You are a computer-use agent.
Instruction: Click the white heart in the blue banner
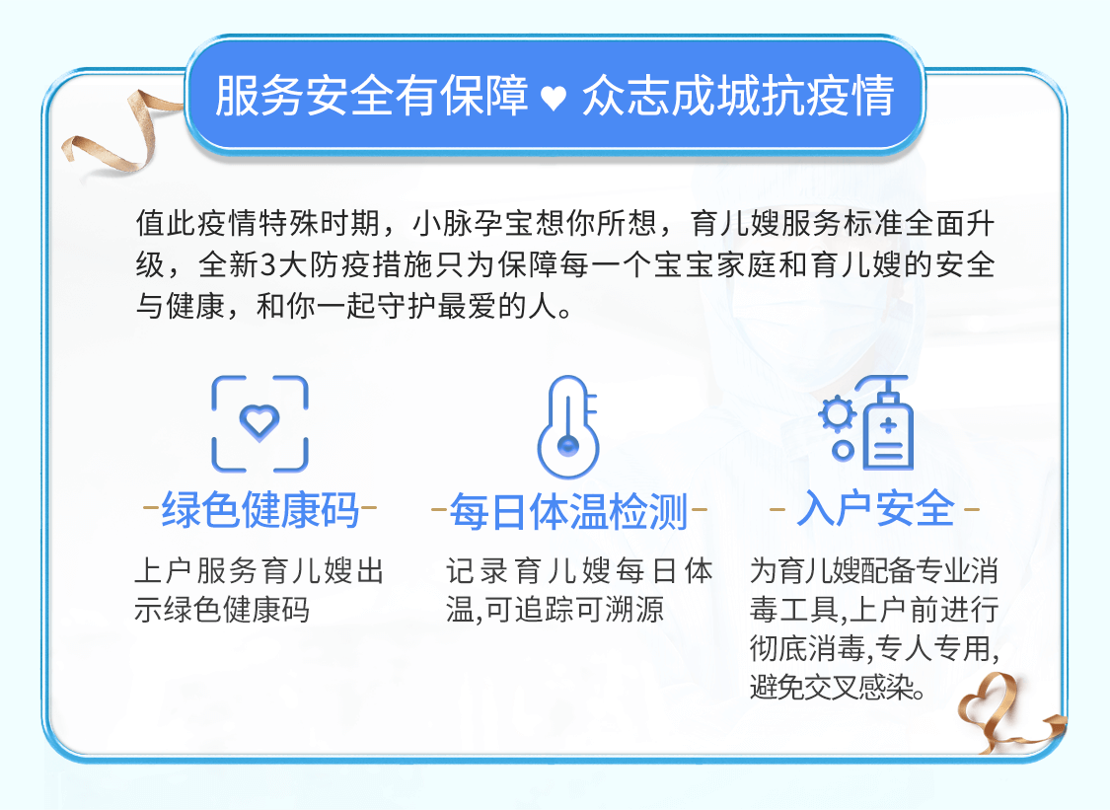554,99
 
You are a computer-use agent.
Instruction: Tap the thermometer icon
567,426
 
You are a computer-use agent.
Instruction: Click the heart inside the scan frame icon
259,420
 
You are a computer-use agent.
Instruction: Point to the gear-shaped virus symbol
838,415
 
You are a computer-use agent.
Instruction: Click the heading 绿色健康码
259,510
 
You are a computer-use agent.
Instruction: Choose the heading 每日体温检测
568,511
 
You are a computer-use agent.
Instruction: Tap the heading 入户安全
876,508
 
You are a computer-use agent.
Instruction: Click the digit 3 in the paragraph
268,266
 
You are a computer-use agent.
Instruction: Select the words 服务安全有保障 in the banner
372,96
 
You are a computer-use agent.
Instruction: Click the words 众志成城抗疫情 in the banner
738,96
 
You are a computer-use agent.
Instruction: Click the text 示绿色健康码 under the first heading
222,609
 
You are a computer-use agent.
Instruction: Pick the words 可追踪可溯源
575,609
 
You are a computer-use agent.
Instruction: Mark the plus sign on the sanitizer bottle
889,425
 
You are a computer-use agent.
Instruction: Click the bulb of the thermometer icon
567,446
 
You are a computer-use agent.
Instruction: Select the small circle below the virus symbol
843,450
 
